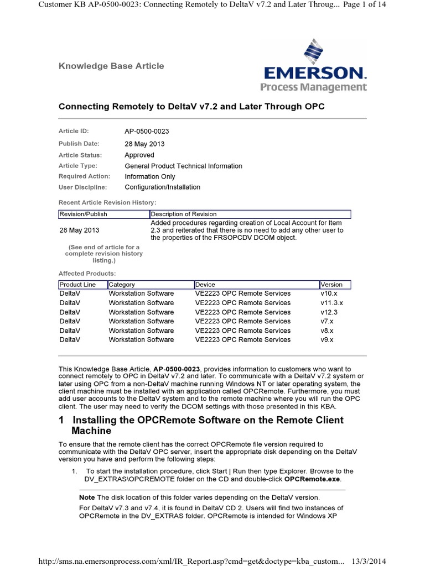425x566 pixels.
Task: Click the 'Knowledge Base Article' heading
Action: (x=111, y=66)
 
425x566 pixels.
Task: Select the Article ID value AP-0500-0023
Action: (x=147, y=132)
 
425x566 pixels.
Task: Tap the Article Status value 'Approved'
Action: (x=139, y=155)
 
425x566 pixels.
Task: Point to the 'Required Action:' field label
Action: (x=84, y=176)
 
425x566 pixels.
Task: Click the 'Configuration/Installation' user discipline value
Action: (x=162, y=187)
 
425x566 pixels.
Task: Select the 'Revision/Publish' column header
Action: (x=83, y=214)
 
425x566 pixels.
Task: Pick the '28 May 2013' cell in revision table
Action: (x=80, y=230)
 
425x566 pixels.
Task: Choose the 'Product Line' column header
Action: (x=77, y=285)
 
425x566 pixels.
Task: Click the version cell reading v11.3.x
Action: (x=331, y=303)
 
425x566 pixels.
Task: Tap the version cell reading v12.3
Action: (x=329, y=312)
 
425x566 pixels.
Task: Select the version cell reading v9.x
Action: (x=327, y=340)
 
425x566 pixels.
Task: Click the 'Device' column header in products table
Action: (x=205, y=285)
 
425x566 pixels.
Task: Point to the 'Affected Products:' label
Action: (x=87, y=274)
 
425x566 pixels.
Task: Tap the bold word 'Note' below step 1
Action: (x=87, y=497)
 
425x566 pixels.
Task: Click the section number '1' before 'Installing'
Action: (x=61, y=420)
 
